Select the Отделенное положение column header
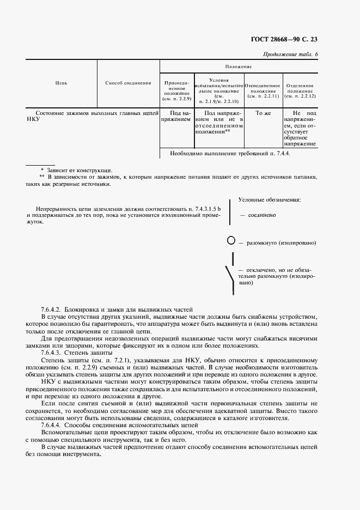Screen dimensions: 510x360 tap(299, 90)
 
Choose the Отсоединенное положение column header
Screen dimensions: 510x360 tap(263, 90)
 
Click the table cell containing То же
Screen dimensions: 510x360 tap(263, 114)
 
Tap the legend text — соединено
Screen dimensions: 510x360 tap(258, 215)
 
